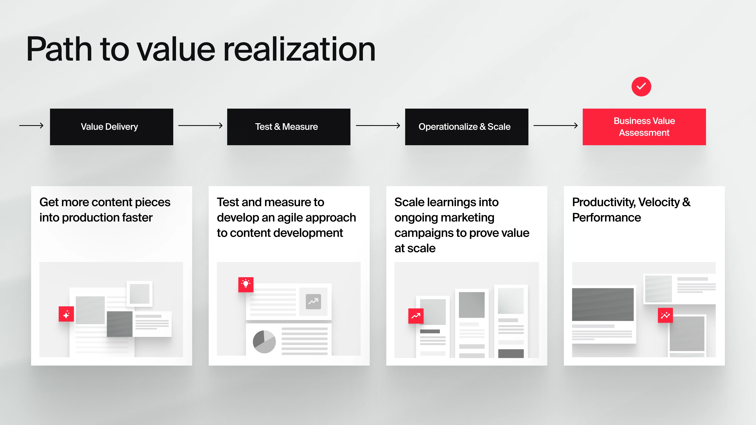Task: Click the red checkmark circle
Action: click(641, 87)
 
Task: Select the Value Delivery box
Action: click(111, 127)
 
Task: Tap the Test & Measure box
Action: click(289, 127)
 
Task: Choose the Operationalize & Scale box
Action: click(467, 127)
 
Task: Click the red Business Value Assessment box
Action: click(644, 127)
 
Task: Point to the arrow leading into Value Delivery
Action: click(31, 126)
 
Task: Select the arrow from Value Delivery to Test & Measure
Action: click(200, 126)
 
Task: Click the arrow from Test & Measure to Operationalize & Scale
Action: click(378, 126)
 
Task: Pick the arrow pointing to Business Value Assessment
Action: click(556, 126)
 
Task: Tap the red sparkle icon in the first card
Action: click(66, 314)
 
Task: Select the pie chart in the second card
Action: click(264, 342)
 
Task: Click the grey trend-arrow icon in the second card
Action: click(313, 301)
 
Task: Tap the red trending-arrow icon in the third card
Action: click(416, 316)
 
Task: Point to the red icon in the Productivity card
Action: click(665, 315)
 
